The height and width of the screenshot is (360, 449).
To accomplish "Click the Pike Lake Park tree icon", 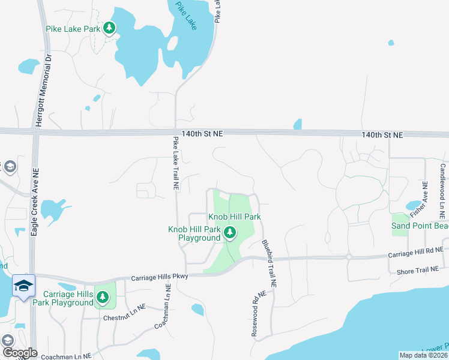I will [x=109, y=28].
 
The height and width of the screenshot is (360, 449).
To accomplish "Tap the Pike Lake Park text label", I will [x=72, y=28].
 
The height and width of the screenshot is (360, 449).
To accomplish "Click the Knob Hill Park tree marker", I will [x=229, y=232].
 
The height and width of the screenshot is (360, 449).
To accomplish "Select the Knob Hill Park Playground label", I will [x=194, y=233].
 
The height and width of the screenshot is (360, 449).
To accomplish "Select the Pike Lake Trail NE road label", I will [x=176, y=164].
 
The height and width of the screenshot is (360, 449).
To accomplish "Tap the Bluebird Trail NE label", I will [x=268, y=262].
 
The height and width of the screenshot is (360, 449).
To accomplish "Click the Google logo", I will [x=19, y=353].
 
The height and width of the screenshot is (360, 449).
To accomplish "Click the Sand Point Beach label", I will [x=420, y=226].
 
